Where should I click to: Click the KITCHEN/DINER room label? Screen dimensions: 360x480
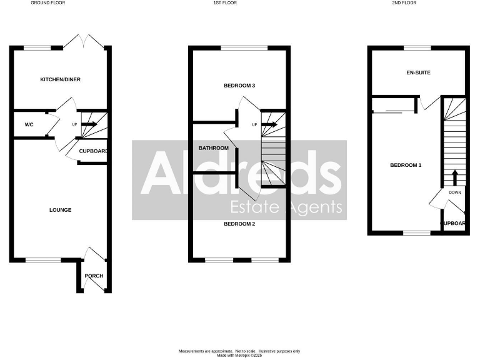tap(61, 79)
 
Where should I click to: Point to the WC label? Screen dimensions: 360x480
tap(29, 125)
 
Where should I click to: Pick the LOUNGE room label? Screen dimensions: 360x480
tap(61, 210)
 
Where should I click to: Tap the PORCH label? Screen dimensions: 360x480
tap(94, 276)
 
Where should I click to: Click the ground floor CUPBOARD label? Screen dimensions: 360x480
tap(94, 151)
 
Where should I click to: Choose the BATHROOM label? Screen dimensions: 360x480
tap(214, 148)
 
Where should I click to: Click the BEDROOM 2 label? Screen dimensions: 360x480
tap(240, 223)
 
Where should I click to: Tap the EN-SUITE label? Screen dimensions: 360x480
tap(418, 72)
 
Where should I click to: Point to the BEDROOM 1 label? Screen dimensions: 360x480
tap(406, 165)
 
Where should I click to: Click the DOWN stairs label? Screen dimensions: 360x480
tap(455, 192)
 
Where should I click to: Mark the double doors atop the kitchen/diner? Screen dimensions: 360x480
tap(84, 41)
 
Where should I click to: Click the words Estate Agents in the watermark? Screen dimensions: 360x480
tap(287, 207)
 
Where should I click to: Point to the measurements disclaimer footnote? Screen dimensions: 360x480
tap(240, 352)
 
